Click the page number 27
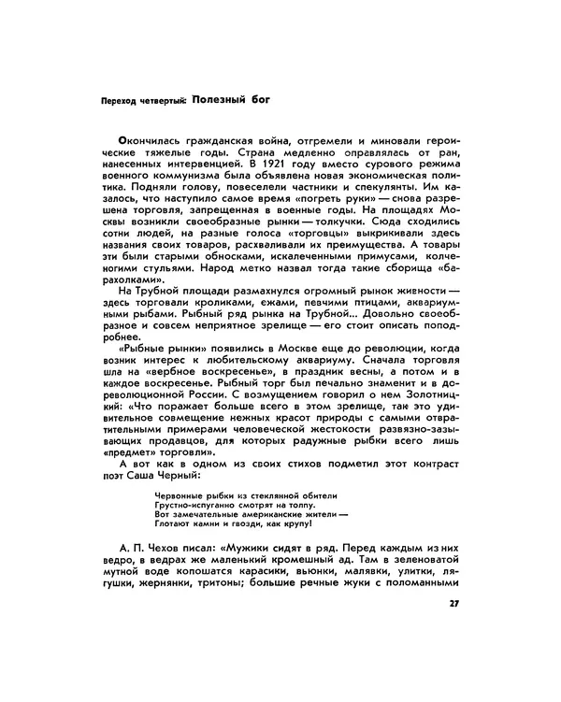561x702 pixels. [454, 604]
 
